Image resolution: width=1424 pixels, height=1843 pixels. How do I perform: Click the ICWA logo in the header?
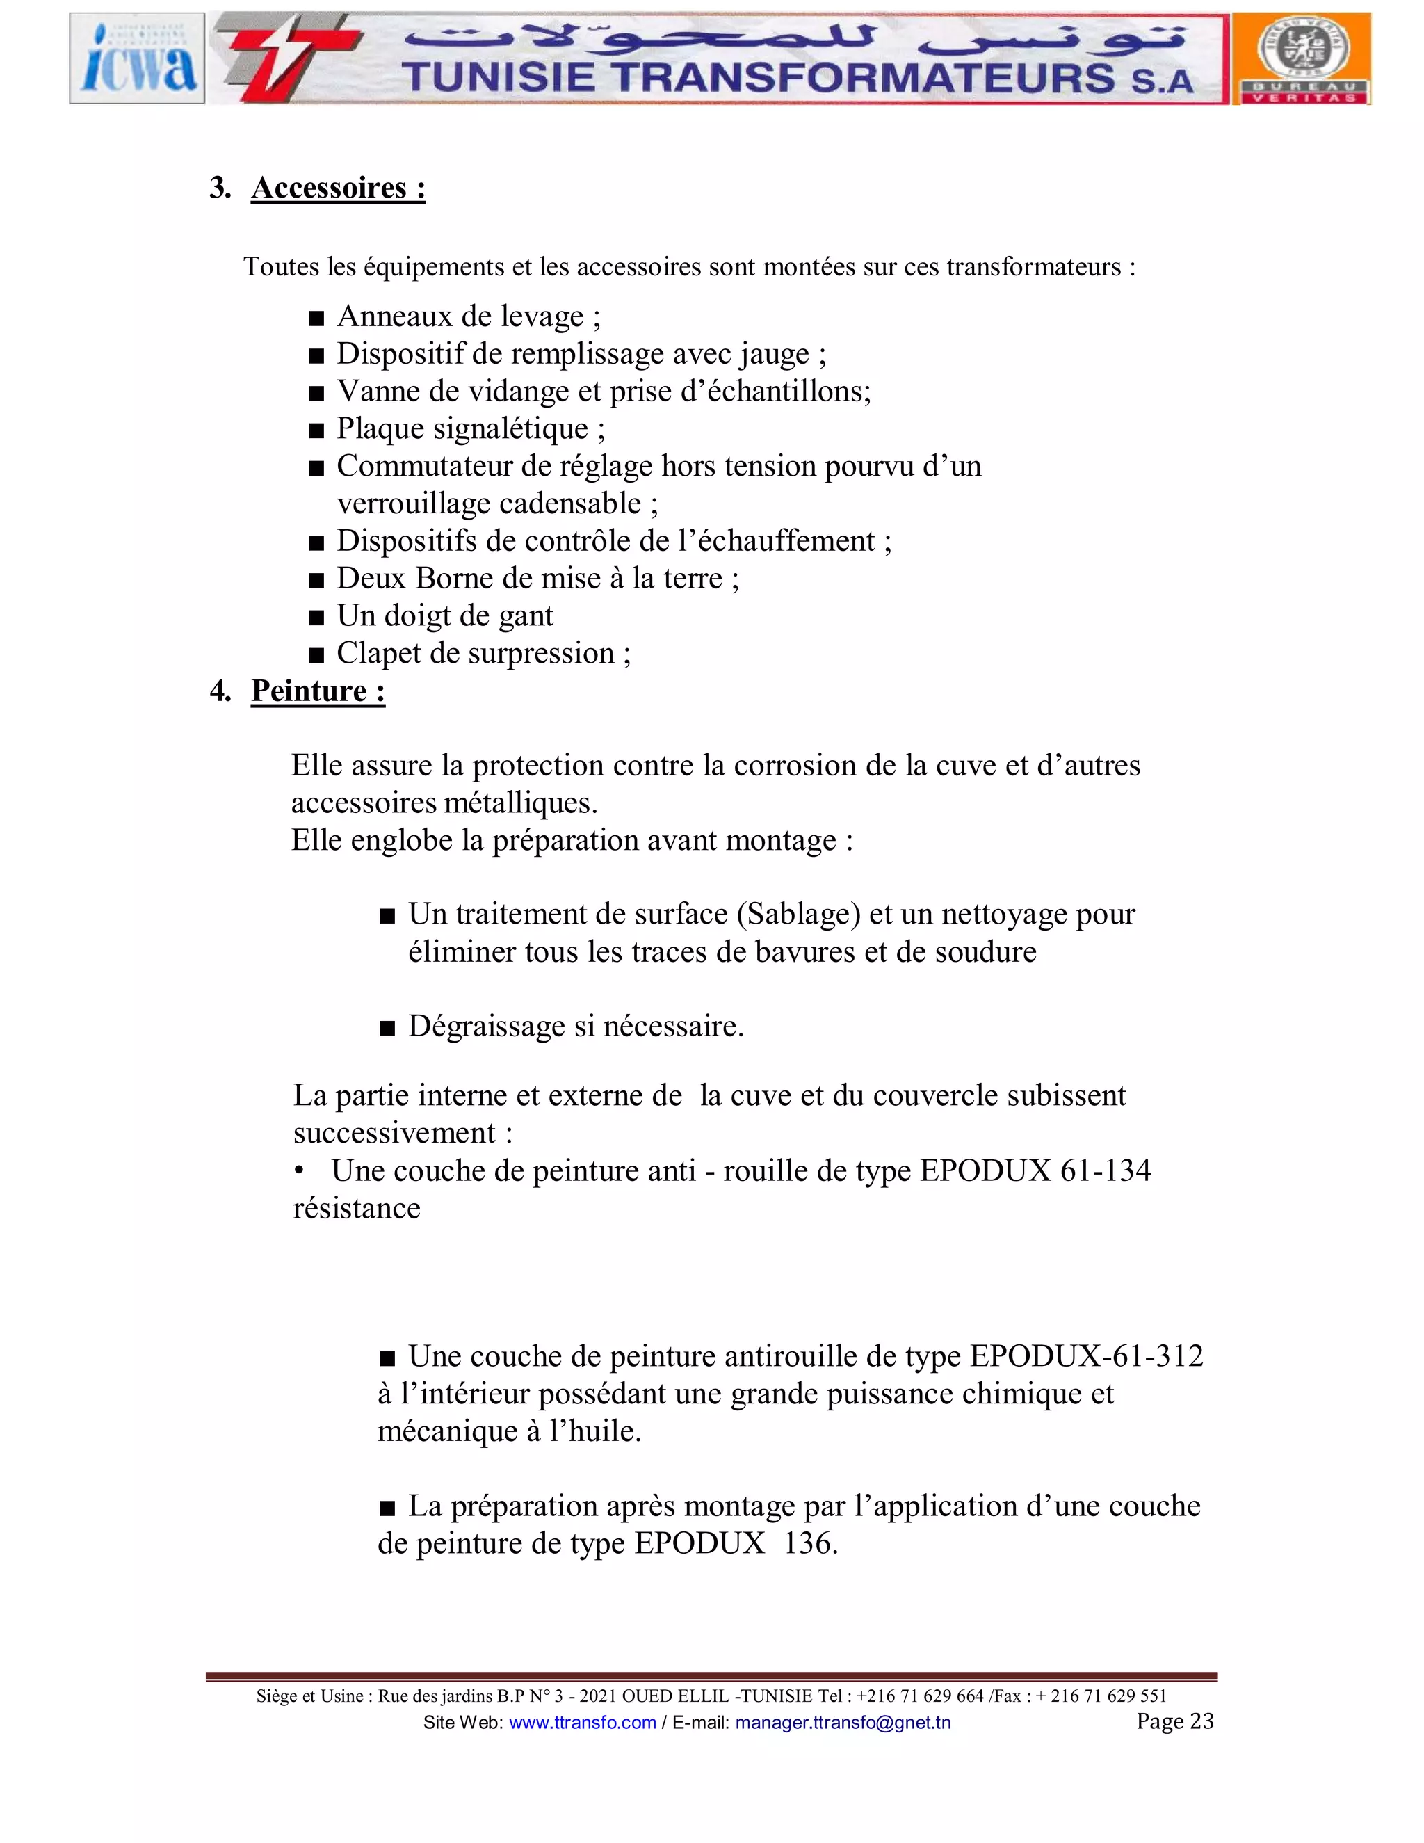pos(138,58)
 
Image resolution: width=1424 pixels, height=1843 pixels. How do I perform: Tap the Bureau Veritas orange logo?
pos(1302,58)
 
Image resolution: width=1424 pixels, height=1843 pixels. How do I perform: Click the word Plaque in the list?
pos(380,428)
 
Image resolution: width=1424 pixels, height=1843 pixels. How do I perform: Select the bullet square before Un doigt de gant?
pos(316,618)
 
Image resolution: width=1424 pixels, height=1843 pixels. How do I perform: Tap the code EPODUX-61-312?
pos(1087,1356)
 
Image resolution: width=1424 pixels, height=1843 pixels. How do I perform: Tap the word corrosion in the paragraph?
pos(787,766)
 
